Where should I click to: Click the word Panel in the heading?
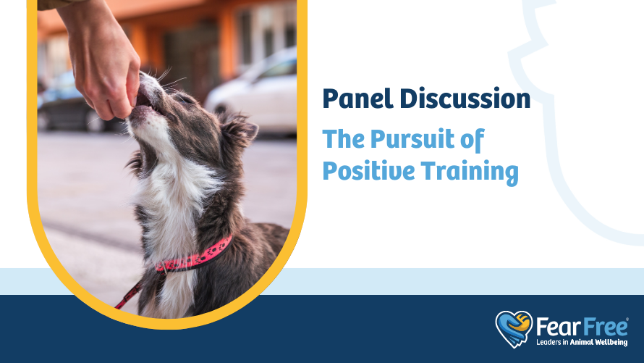(x=357, y=99)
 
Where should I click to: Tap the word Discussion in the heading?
(x=465, y=99)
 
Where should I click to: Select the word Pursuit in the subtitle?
(x=412, y=139)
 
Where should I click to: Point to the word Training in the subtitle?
(x=470, y=171)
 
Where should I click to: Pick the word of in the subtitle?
(x=473, y=140)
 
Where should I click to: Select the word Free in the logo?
(x=603, y=327)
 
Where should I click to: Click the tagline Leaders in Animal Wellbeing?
(x=582, y=342)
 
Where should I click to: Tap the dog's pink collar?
(x=194, y=256)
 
